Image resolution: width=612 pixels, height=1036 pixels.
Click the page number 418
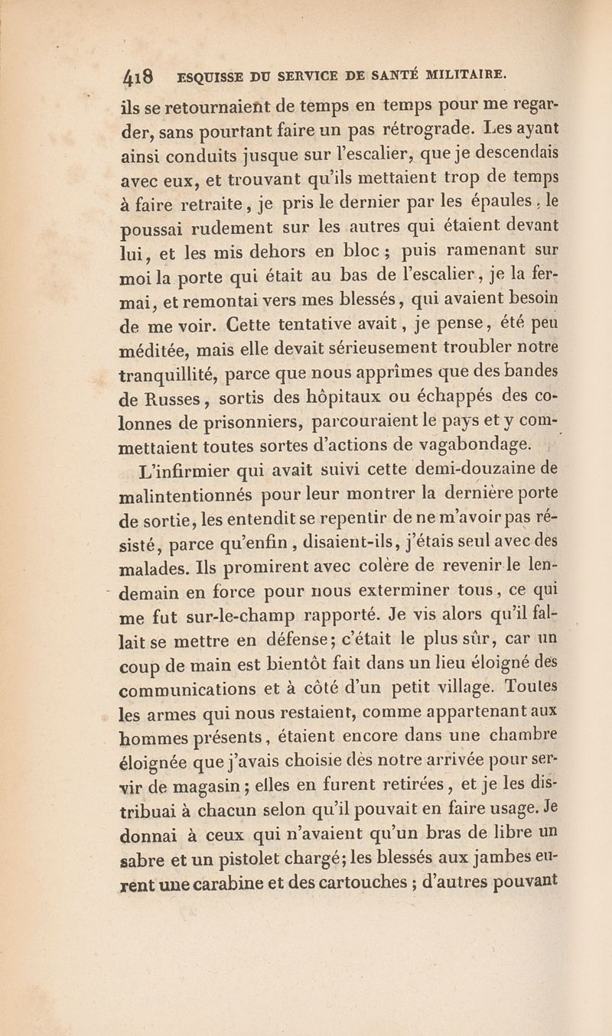click(x=142, y=77)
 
